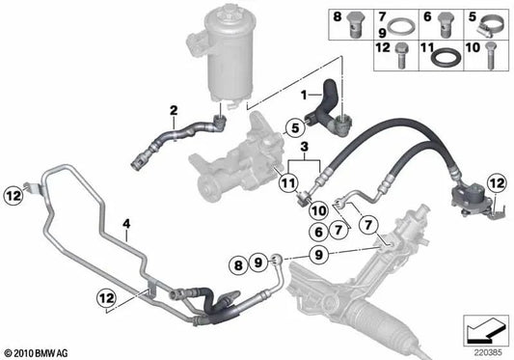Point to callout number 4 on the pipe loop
125,226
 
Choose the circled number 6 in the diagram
318,232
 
